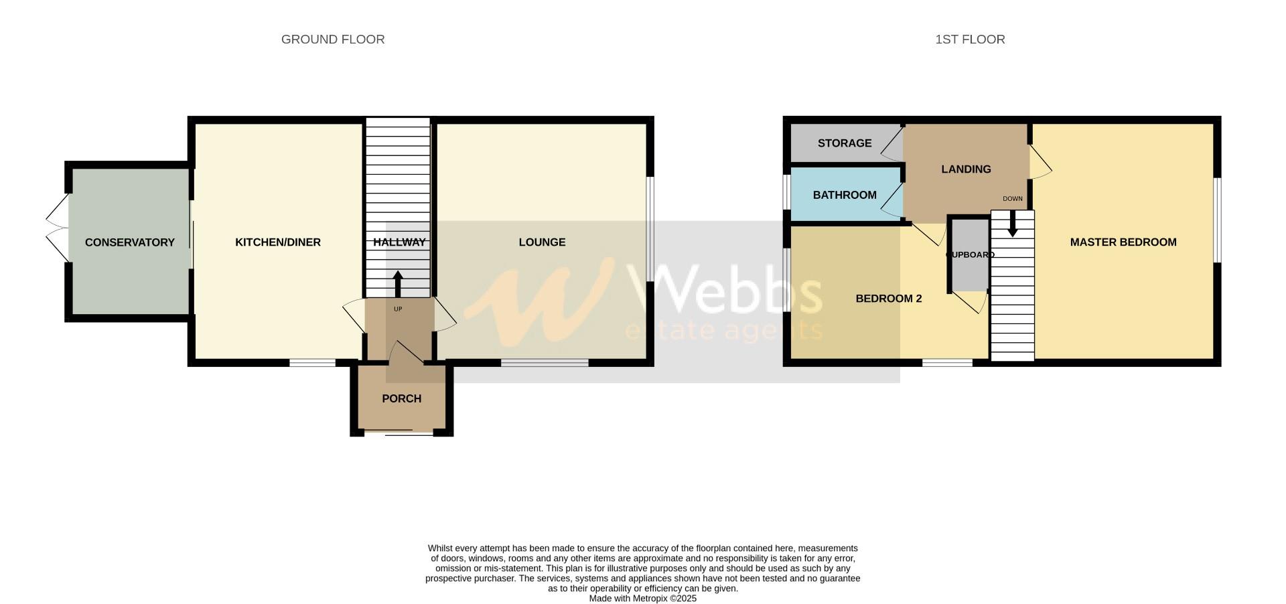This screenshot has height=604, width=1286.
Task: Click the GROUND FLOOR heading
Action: (333, 40)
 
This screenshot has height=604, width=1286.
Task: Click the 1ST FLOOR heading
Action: (970, 40)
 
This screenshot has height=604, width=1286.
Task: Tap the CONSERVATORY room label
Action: (129, 242)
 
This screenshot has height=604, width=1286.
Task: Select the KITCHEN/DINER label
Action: (278, 242)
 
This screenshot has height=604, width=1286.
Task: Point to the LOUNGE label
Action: (542, 242)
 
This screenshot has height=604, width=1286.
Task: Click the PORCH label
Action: (401, 398)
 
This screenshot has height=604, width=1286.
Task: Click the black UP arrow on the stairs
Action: (397, 283)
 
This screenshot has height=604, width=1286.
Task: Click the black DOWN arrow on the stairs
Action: (1012, 224)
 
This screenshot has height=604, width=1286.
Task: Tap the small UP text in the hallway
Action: (398, 309)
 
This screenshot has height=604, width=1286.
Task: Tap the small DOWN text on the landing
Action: (1012, 199)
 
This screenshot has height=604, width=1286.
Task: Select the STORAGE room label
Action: (845, 143)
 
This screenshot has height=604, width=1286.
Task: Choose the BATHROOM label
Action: (845, 195)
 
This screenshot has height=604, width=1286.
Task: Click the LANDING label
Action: (966, 169)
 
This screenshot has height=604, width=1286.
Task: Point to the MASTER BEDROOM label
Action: (1123, 242)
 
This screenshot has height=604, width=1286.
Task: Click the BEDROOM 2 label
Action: (889, 299)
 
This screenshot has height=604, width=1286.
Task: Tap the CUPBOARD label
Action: (969, 255)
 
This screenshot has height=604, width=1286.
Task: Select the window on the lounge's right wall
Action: (650, 228)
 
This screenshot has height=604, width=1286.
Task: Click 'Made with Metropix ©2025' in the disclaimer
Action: (642, 599)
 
